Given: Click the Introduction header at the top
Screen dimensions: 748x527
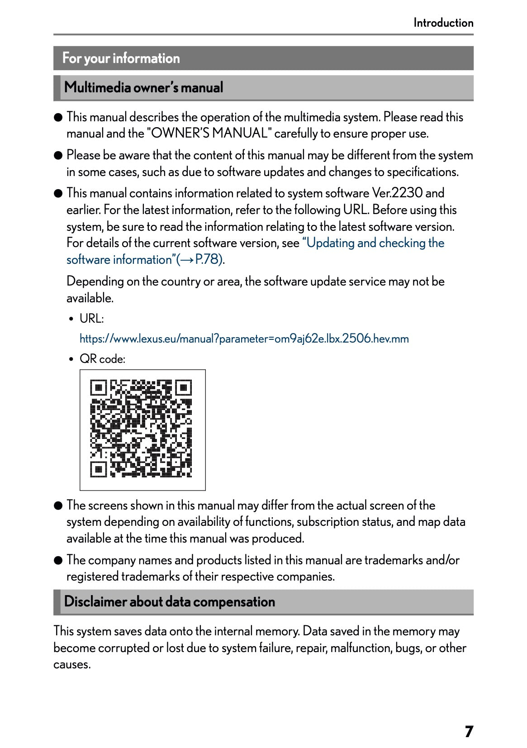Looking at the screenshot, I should click(x=443, y=23).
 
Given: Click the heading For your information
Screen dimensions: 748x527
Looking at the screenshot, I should click(x=121, y=58).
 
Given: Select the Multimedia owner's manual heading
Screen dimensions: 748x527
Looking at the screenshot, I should click(x=143, y=87).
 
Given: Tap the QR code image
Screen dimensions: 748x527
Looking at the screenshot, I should click(x=142, y=429).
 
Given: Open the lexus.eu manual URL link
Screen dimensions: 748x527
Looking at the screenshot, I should click(x=244, y=339).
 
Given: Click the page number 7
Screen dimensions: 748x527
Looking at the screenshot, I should click(x=469, y=731).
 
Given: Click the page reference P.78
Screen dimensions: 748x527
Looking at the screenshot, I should click(x=209, y=260).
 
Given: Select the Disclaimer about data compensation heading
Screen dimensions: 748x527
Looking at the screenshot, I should click(x=169, y=602).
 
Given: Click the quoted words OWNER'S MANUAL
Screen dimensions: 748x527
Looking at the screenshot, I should click(x=209, y=133).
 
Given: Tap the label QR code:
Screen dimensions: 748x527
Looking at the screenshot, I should click(x=102, y=359).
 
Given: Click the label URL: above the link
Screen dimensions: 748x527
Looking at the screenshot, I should click(x=91, y=319).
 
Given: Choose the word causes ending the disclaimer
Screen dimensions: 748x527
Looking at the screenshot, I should click(x=71, y=665).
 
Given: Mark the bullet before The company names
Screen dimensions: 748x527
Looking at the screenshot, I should click(x=58, y=561).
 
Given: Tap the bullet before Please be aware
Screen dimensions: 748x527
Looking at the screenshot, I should click(x=58, y=156).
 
